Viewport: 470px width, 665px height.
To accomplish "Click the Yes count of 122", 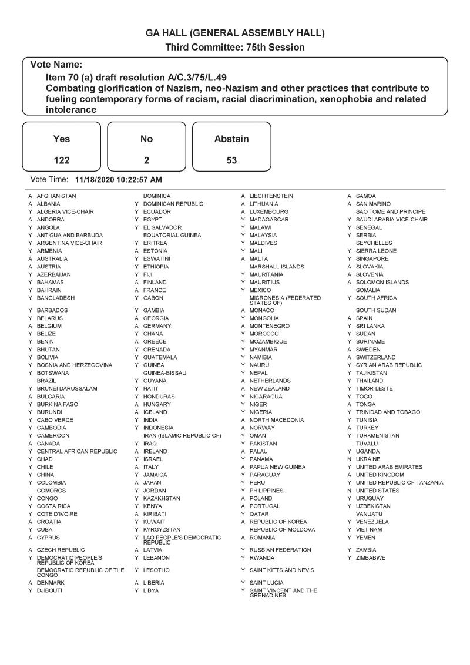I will click(x=61, y=160).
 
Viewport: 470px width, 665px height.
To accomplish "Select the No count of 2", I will click(x=146, y=160).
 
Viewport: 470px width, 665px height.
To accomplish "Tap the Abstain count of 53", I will click(x=231, y=160).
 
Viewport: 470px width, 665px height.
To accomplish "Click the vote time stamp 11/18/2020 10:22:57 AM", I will click(x=119, y=179).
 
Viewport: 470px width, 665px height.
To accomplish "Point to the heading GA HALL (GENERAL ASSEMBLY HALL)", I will click(x=235, y=33).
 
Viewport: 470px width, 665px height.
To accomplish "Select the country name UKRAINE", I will click(x=368, y=459).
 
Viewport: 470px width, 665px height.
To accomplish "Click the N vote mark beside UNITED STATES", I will click(x=349, y=491).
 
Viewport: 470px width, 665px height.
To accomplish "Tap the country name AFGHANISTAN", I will click(x=56, y=196).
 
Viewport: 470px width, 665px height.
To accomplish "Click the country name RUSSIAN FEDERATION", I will click(x=280, y=550).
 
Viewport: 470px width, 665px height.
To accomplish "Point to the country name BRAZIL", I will click(x=46, y=381).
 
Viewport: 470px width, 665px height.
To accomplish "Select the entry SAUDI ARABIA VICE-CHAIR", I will click(x=392, y=220).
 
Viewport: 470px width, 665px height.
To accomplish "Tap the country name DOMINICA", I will click(x=157, y=196).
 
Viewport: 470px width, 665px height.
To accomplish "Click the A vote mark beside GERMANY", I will click(x=136, y=326).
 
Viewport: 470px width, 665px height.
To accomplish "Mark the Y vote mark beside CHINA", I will click(x=30, y=475).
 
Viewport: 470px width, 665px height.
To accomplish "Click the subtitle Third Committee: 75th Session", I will click(x=235, y=47).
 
